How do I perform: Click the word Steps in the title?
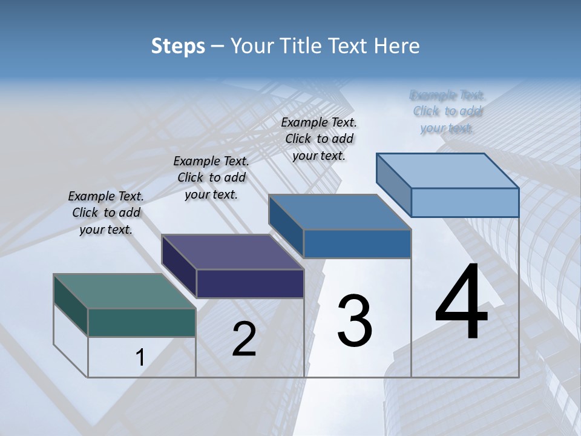pyautogui.click(x=178, y=46)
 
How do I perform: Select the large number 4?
pyautogui.click(x=461, y=303)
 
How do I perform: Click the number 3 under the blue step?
pyautogui.click(x=355, y=321)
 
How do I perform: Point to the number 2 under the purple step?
pyautogui.click(x=244, y=339)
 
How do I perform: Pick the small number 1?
pyautogui.click(x=140, y=358)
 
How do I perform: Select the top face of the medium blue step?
pyautogui.click(x=340, y=212)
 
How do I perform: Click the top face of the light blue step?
pyautogui.click(x=448, y=171)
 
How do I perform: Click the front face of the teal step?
pyautogui.click(x=142, y=322)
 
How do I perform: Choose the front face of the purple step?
pyautogui.click(x=250, y=283)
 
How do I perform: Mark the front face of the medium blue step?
pyautogui.click(x=357, y=243)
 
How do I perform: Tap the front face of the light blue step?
pyautogui.click(x=465, y=202)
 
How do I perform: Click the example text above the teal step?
pyautogui.click(x=106, y=213)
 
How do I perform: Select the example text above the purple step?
pyautogui.click(x=211, y=177)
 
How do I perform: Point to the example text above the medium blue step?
pyautogui.click(x=319, y=139)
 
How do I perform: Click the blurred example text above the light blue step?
pyautogui.click(x=447, y=111)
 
